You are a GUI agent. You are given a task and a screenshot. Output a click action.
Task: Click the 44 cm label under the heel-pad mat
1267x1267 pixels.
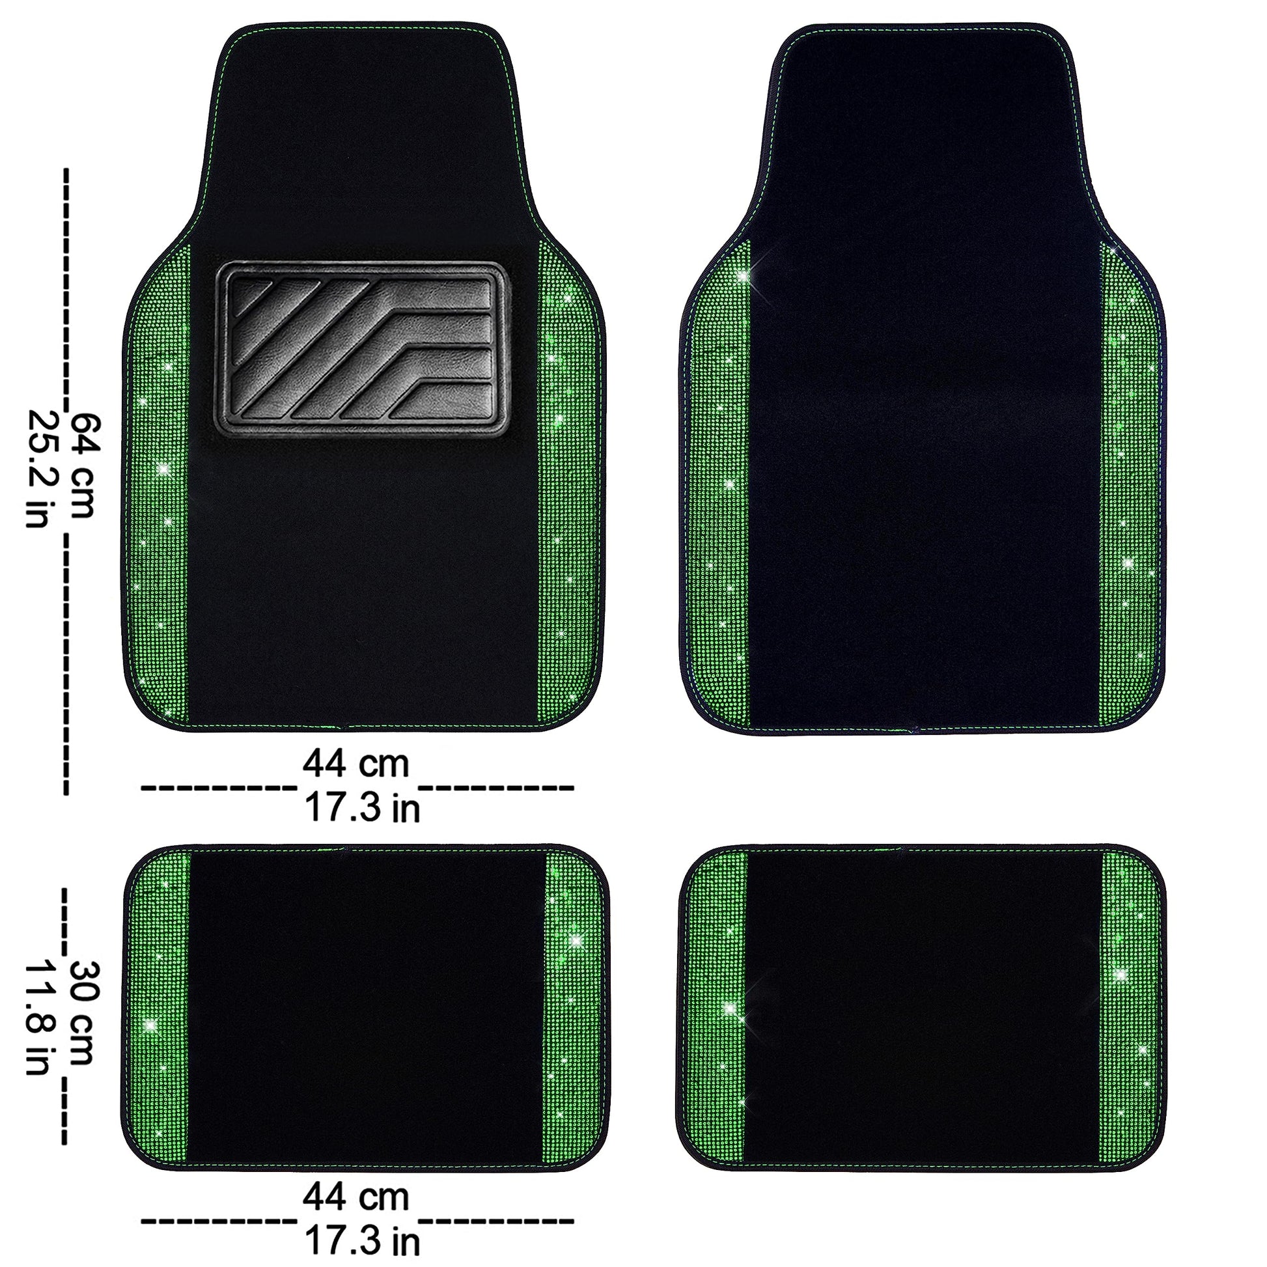355,763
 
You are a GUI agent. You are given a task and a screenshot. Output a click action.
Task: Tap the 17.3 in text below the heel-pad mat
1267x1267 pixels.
361,807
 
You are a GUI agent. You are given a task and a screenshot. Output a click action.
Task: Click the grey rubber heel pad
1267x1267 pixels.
361,348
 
